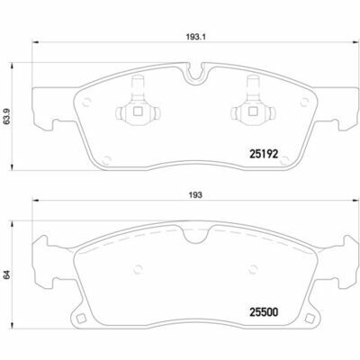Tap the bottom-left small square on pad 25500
pos(80,319)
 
